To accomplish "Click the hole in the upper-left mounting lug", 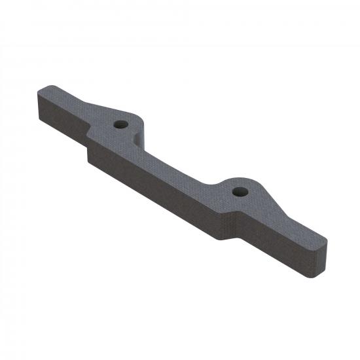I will click(x=120, y=124).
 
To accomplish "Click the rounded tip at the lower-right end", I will click(x=320, y=253).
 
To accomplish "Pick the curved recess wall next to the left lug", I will click(x=137, y=137).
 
